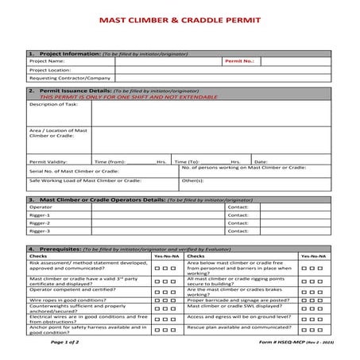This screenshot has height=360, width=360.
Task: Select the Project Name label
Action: [47, 60]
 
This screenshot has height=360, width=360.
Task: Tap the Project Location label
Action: [51, 69]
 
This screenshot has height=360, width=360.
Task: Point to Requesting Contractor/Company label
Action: [69, 79]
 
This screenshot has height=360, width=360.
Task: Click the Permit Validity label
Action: [48, 161]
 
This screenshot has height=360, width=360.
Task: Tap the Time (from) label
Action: [110, 161]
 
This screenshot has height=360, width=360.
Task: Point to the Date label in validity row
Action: [261, 161]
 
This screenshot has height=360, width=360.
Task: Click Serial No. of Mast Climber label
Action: [74, 171]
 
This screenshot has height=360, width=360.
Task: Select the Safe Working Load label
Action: [80, 180]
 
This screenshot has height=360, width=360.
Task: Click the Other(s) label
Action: [193, 180]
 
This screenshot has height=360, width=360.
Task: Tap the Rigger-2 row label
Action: [40, 223]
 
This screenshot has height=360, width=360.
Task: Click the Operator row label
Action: [41, 206]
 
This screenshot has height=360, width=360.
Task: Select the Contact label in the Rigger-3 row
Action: [238, 232]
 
